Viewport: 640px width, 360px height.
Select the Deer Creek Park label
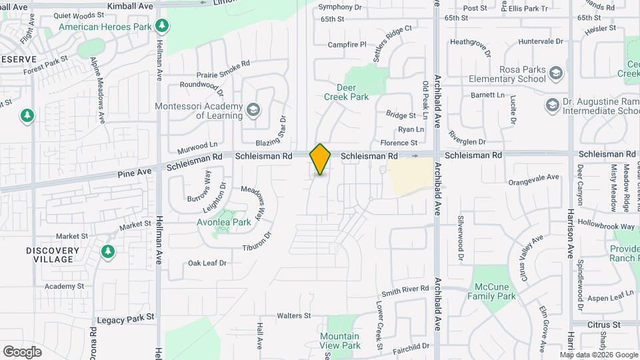[x=346, y=92]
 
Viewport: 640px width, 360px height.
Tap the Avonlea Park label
[x=223, y=222]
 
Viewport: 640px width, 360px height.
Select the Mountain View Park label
[x=340, y=341]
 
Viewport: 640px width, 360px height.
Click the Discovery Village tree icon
[x=107, y=251]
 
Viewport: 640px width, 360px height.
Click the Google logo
[x=22, y=351]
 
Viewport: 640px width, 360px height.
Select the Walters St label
[x=294, y=315]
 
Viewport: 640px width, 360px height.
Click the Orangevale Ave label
[x=533, y=178]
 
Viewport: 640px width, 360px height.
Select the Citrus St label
[x=604, y=324]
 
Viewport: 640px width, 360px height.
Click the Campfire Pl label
[x=347, y=45]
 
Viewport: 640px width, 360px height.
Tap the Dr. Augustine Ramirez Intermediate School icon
[x=551, y=105]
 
